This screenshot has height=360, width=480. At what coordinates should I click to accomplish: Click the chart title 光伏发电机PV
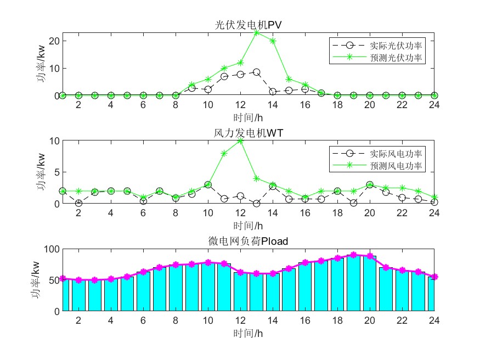tap(249, 25)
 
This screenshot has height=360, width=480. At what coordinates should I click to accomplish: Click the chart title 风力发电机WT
tap(249, 133)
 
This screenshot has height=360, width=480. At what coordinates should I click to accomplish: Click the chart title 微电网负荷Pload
tap(249, 241)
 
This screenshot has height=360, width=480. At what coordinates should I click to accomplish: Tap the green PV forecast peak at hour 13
tap(257, 32)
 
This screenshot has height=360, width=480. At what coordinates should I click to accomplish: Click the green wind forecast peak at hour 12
tap(240, 141)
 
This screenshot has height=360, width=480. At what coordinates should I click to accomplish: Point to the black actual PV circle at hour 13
tap(257, 72)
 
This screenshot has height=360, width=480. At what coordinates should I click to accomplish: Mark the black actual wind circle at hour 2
tap(78, 203)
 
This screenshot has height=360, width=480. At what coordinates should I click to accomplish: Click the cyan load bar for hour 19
tap(354, 283)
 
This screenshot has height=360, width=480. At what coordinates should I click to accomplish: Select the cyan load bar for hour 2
tap(78, 295)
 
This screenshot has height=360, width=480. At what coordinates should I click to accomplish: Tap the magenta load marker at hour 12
tap(240, 272)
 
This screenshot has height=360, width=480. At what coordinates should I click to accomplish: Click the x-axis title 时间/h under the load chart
tap(249, 333)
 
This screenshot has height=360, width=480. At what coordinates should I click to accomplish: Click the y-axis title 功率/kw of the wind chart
tap(41, 172)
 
